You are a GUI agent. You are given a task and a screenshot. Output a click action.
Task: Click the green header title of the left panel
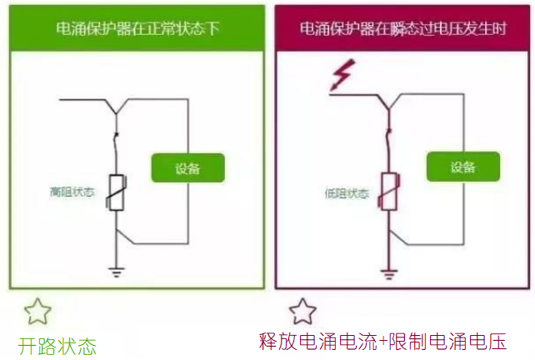point(138,27)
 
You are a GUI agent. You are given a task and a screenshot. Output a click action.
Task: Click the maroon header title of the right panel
point(403,27)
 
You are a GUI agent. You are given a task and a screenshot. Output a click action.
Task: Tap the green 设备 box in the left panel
point(188,168)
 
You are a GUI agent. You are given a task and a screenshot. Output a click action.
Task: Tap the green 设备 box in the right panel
point(462,167)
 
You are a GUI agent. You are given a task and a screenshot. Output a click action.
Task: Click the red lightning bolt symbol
point(341,77)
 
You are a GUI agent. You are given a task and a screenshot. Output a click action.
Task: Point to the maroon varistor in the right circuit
point(388,192)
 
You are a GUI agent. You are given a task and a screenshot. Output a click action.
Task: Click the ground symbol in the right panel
point(388,271)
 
